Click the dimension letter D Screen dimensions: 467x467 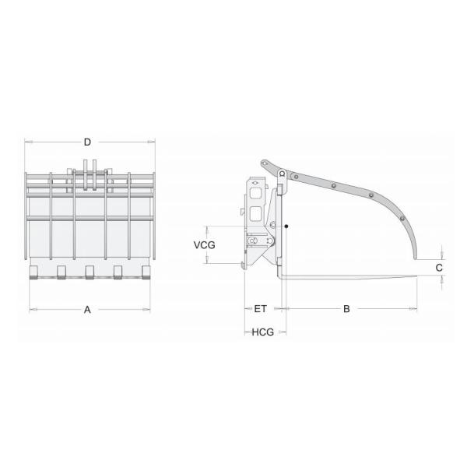88,142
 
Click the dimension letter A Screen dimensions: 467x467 88,309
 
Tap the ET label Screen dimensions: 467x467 261,309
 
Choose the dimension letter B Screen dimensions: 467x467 347,309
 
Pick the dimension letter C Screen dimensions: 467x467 440,267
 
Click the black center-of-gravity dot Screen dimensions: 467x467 287,226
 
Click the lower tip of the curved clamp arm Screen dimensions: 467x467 416,256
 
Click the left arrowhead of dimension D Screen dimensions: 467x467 27,142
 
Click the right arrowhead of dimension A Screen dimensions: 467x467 150,309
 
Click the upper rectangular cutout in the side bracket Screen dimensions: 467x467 255,191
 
